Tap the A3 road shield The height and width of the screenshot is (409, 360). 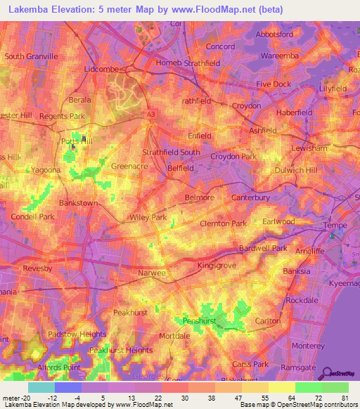(151, 112)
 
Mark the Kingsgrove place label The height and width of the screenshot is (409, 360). (218, 266)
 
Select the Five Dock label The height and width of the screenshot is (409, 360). (273, 84)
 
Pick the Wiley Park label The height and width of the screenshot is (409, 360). (148, 218)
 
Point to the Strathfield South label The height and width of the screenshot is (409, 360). (172, 152)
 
